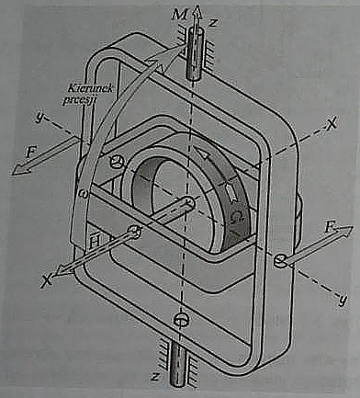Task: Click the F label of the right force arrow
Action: coord(330,223)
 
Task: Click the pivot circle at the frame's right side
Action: coord(278,262)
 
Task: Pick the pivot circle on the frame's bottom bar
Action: coord(181,320)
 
